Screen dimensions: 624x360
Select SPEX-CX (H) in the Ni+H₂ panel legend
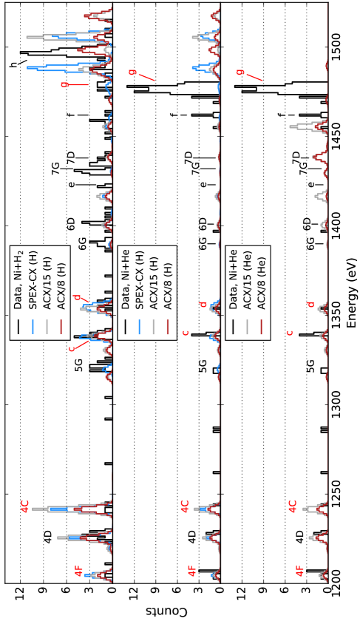point(33,279)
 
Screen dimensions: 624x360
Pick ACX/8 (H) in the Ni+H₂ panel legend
point(61,285)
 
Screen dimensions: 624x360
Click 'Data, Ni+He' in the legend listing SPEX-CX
point(126,278)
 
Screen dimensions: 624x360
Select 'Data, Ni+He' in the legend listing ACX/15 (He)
point(234,278)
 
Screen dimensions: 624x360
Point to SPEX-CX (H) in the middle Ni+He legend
point(140,279)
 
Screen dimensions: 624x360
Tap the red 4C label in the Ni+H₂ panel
point(26,506)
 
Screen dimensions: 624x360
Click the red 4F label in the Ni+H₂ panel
point(79,570)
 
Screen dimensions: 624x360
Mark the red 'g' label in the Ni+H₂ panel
point(64,84)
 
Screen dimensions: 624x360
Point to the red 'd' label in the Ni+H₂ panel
point(76,297)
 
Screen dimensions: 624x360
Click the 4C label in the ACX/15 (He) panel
point(293,506)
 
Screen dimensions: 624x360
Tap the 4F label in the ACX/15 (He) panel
point(300,570)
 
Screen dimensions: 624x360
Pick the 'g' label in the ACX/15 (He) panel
point(240,72)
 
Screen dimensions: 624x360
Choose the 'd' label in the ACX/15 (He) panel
point(310,304)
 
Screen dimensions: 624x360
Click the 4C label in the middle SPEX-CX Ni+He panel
point(186,506)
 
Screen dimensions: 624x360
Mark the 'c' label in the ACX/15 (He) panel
point(289,333)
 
